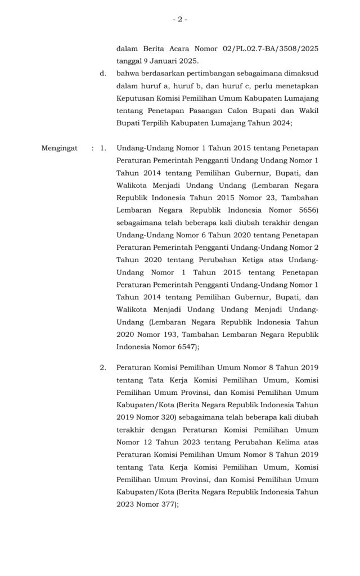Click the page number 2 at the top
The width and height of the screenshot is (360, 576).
pyautogui.click(x=179, y=20)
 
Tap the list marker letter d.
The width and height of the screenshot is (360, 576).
pyautogui.click(x=102, y=74)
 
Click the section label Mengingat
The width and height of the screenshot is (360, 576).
pyautogui.click(x=60, y=148)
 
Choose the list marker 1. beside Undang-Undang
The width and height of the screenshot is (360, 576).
pyautogui.click(x=102, y=148)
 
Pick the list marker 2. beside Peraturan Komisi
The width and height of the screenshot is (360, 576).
pyautogui.click(x=102, y=367)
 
